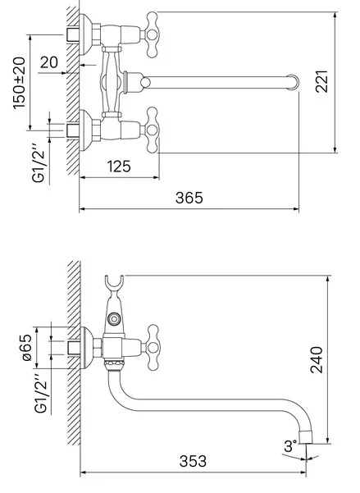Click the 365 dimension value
click(x=189, y=198)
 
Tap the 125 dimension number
click(x=119, y=167)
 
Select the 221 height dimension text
click(x=322, y=81)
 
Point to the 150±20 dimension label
click(x=20, y=83)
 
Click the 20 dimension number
click(x=49, y=62)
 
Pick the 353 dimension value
click(x=193, y=461)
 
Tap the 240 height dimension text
click(x=317, y=359)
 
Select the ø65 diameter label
click(x=26, y=347)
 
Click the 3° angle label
click(x=290, y=446)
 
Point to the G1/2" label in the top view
click(x=39, y=163)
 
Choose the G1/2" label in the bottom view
click(x=41, y=394)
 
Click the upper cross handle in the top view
click(x=152, y=34)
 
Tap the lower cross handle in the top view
click(x=152, y=130)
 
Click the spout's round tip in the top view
click(x=293, y=82)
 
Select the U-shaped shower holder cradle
click(x=114, y=282)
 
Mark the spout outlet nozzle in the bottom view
click(x=305, y=436)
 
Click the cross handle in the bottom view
click(x=153, y=348)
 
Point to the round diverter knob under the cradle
click(x=113, y=319)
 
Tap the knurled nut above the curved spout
click(x=113, y=365)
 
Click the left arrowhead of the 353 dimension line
click(x=83, y=472)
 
